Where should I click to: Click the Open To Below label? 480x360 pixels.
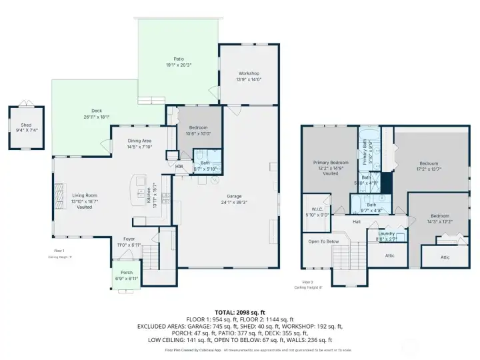coord(323,241)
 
